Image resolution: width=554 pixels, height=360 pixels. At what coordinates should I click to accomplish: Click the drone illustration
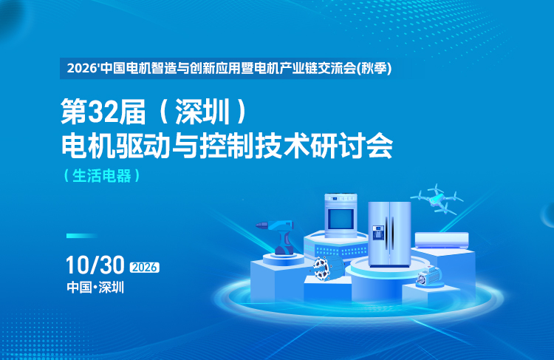click(437, 198)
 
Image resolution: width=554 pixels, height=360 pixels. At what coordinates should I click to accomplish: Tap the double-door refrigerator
click(389, 234)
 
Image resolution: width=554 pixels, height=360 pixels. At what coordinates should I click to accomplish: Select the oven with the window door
click(341, 215)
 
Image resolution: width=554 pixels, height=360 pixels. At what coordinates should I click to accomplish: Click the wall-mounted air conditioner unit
click(442, 240)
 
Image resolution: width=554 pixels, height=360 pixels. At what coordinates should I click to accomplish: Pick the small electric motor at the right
click(429, 276)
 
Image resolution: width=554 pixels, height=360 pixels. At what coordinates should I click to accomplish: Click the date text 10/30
click(95, 265)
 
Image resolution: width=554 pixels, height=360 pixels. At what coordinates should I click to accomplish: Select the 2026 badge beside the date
click(145, 267)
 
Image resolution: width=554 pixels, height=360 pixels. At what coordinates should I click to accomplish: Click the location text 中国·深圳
click(95, 287)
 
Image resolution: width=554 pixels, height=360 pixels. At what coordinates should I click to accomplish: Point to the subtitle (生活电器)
click(102, 176)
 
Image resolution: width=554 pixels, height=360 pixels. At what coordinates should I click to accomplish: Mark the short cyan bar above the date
click(82, 236)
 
